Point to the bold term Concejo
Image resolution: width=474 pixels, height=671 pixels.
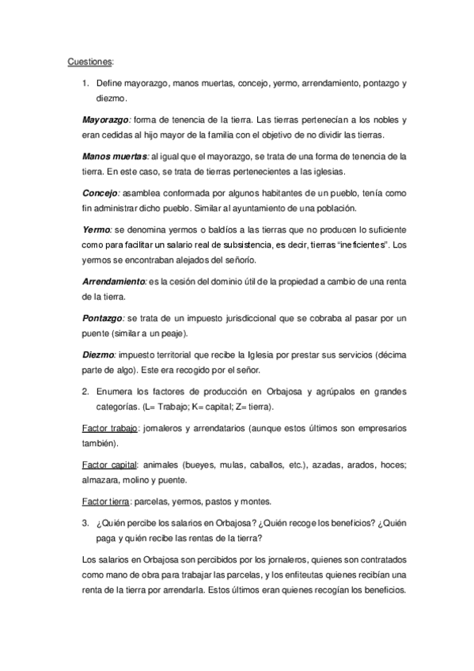[x=100, y=192]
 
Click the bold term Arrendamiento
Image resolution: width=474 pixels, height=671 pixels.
[x=114, y=281]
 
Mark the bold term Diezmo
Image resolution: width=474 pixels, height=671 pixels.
[x=99, y=355]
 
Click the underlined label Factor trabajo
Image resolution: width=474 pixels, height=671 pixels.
[x=110, y=427]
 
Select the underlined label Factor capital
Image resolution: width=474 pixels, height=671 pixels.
[x=110, y=464]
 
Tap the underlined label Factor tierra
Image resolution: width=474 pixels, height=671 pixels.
[x=106, y=502]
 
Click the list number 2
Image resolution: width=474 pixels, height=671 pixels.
[x=85, y=391]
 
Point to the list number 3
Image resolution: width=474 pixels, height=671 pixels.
[x=85, y=522]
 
